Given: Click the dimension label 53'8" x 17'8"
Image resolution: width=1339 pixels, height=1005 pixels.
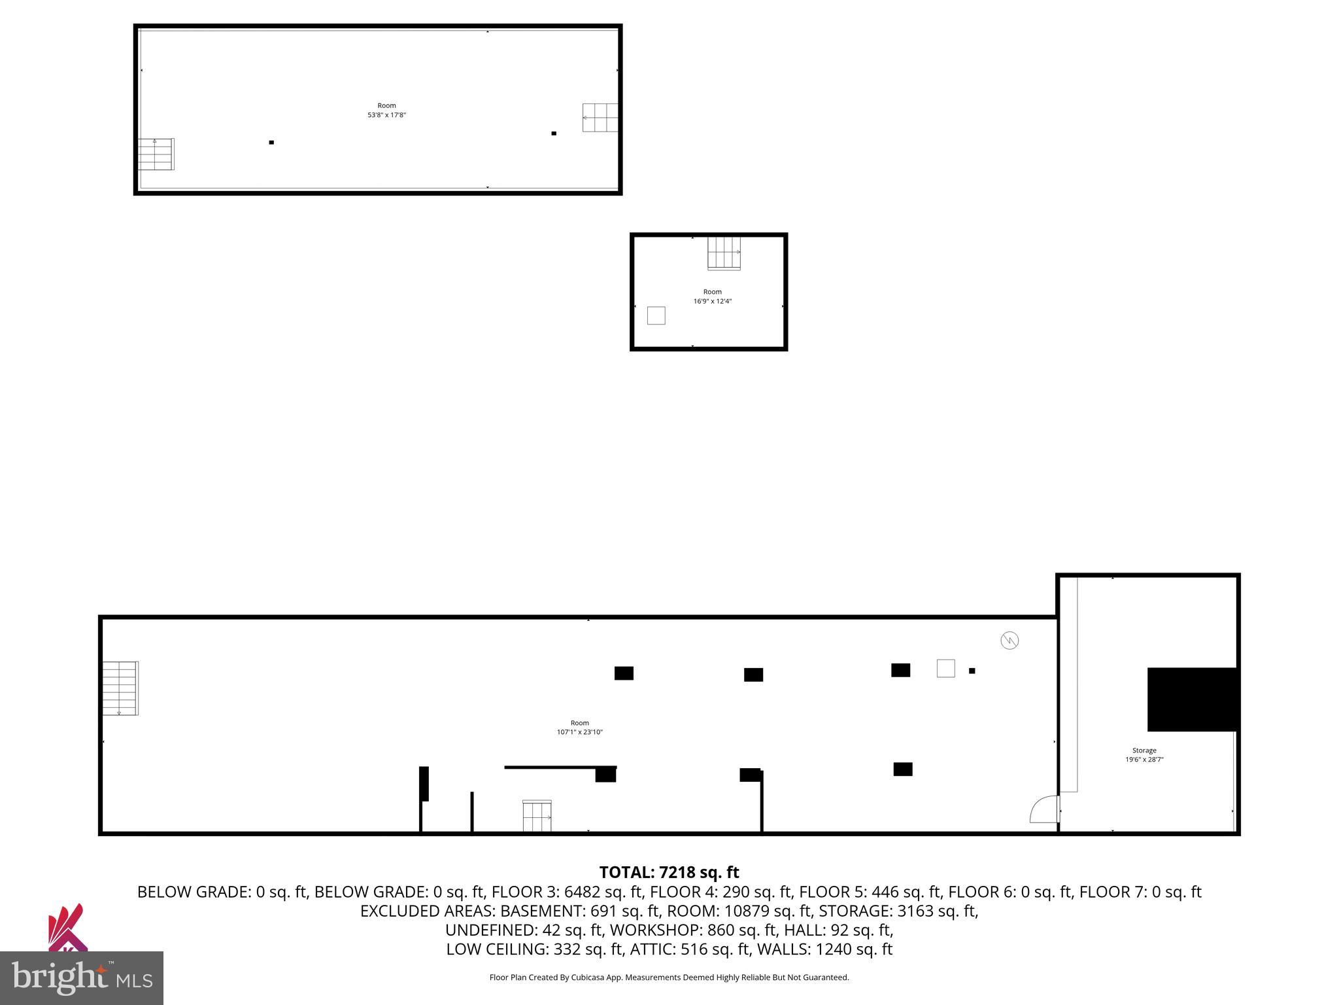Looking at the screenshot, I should [386, 115].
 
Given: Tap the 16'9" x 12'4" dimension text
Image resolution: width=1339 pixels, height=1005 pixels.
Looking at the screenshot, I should [712, 302].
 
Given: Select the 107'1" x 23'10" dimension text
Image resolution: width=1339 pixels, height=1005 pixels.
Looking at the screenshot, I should [579, 732].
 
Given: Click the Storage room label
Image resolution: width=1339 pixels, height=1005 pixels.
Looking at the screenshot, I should [1144, 750].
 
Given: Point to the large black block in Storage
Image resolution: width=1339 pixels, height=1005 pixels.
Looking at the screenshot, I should [1192, 699].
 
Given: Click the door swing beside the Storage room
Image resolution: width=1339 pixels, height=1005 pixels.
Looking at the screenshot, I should [1044, 809].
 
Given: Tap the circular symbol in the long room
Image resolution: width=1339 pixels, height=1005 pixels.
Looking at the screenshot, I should [1009, 641].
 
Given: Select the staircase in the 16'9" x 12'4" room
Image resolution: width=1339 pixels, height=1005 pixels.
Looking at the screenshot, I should [724, 253].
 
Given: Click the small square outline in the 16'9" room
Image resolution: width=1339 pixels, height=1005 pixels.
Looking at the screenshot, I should [656, 315].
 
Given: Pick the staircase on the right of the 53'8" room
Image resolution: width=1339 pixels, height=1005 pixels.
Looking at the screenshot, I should [600, 118].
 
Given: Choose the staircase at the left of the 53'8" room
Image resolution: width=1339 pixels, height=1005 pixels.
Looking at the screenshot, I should [156, 154].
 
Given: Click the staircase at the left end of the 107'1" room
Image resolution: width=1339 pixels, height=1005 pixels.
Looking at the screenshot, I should [120, 688].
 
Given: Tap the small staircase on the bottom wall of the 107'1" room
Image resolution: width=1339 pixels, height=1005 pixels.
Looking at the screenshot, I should [537, 816].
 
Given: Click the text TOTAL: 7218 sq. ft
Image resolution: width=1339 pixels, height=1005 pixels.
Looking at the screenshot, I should [669, 872].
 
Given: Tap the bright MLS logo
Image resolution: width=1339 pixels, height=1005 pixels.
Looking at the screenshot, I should [82, 978].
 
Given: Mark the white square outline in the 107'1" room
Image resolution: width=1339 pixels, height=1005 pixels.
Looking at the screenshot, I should [945, 668].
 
